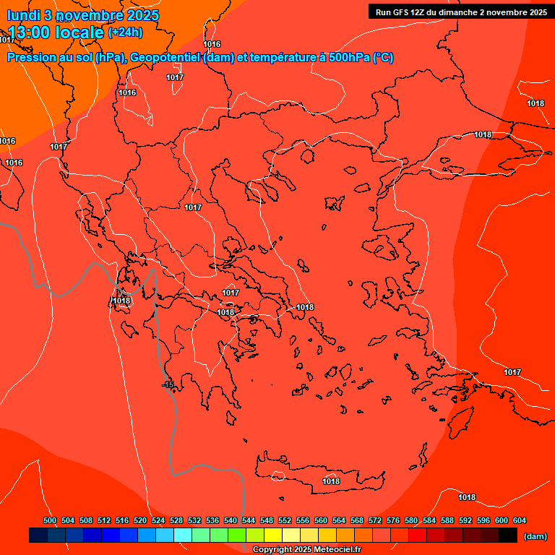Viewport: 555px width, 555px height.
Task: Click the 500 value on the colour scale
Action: coord(50,520)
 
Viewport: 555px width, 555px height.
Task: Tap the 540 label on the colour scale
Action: coord(231,520)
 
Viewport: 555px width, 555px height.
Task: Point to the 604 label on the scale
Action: coord(519,520)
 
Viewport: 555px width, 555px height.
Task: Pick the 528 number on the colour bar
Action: coord(176,520)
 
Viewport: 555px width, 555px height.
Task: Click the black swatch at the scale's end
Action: coord(508,535)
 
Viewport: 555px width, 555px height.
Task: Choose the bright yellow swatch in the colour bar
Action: coord(273,535)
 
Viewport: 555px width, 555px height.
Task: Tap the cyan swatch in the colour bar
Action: coord(183,535)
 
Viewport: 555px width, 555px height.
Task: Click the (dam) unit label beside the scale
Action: coord(535,536)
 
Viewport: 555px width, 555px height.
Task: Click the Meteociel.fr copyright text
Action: coord(306,550)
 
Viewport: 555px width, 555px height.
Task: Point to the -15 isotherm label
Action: coord(169,385)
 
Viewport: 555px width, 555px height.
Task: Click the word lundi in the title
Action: coord(23,15)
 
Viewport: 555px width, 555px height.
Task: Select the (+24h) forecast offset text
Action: coord(125,33)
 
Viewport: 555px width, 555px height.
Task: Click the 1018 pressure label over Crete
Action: coord(331,481)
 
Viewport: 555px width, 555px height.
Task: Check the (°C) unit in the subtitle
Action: coord(383,58)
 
